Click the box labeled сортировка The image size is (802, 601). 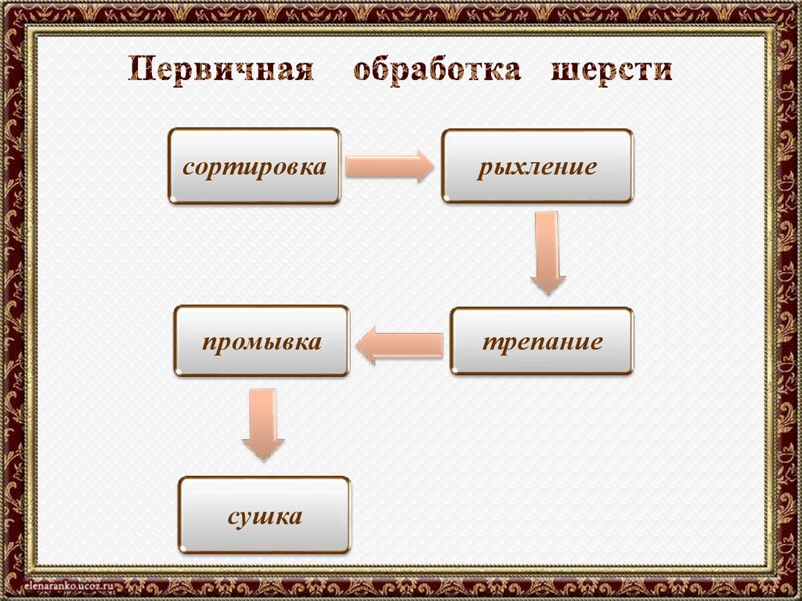(x=255, y=166)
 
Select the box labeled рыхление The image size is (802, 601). (x=536, y=166)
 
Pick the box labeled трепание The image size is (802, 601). (x=541, y=341)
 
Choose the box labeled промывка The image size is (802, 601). (x=262, y=341)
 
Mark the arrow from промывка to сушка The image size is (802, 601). (x=262, y=424)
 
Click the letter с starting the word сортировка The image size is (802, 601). (x=188, y=168)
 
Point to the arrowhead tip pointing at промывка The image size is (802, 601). (x=357, y=346)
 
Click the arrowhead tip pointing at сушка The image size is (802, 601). (x=262, y=460)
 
